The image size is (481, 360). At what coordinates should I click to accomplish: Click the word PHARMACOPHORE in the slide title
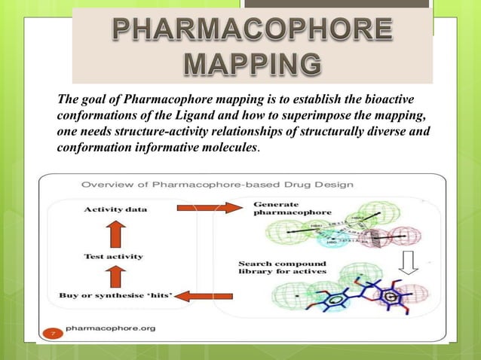click(x=252, y=31)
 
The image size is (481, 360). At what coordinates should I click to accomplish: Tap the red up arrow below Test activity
click(x=112, y=276)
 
